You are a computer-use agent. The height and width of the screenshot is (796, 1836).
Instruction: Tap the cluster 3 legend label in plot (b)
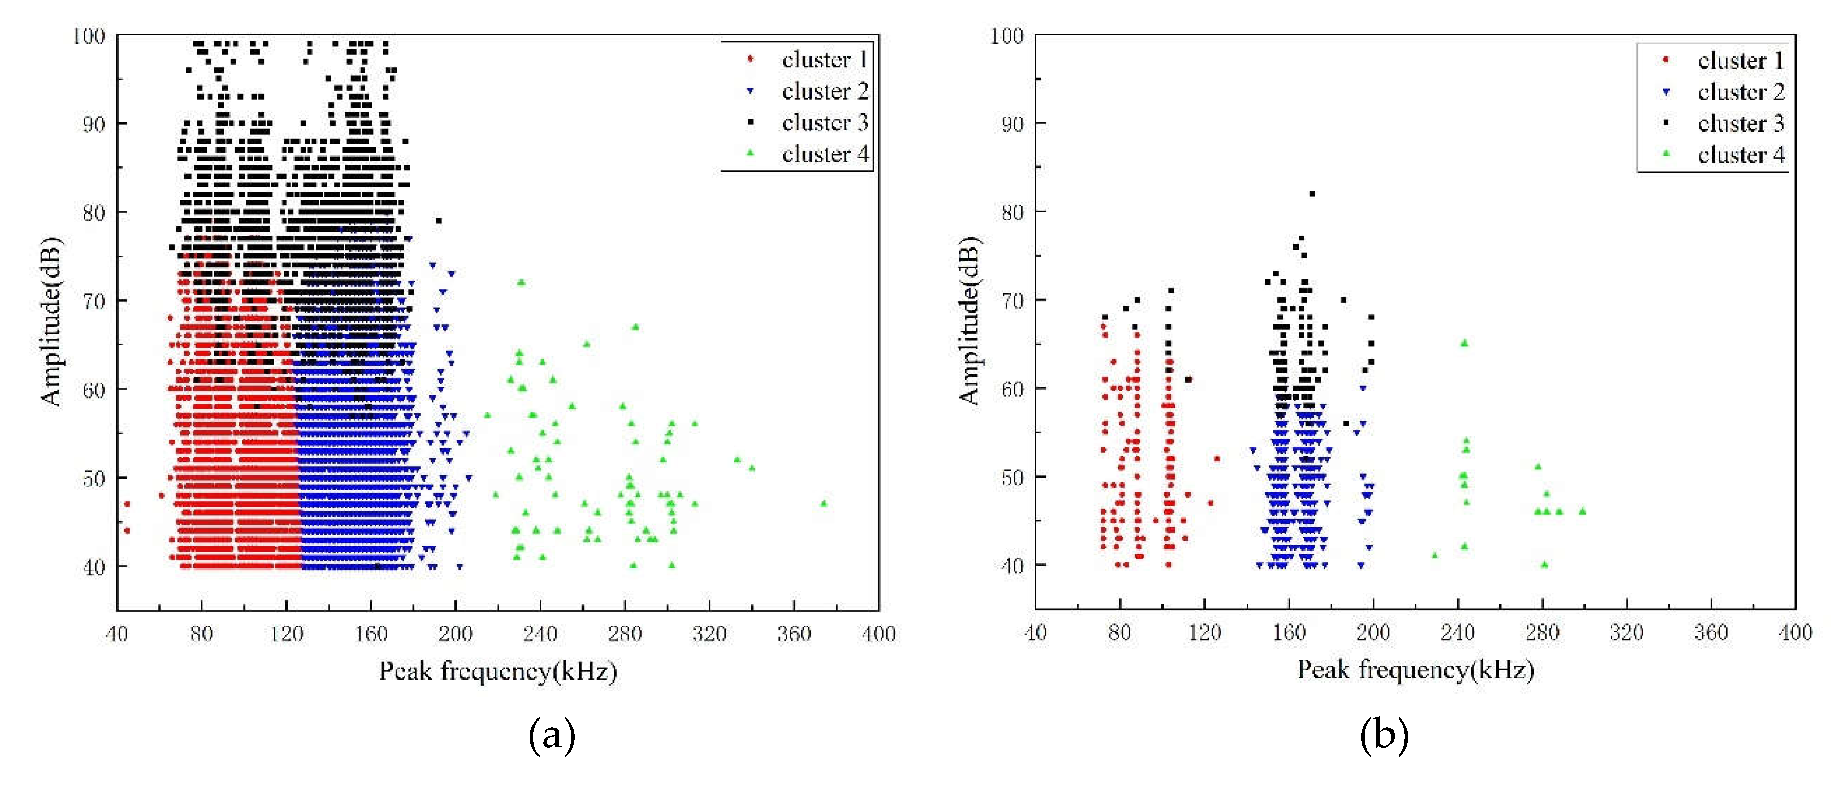pyautogui.click(x=1740, y=123)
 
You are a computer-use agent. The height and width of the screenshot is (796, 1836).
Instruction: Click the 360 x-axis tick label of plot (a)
pyautogui.click(x=793, y=634)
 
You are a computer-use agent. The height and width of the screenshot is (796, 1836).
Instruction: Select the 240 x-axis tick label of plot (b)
pyautogui.click(x=1457, y=632)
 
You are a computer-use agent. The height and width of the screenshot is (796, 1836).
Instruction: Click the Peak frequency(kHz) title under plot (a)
pyautogui.click(x=497, y=671)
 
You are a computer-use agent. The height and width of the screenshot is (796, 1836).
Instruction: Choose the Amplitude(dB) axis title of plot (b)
pyautogui.click(x=969, y=320)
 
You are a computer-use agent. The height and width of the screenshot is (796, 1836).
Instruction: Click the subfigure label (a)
pyautogui.click(x=552, y=735)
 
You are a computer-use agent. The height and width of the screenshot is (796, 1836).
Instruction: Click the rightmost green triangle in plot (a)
pyautogui.click(x=824, y=503)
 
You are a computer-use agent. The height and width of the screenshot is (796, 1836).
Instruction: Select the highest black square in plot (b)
pyautogui.click(x=1312, y=193)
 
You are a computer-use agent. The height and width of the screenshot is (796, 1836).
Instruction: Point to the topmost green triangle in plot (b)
pyautogui.click(x=1464, y=343)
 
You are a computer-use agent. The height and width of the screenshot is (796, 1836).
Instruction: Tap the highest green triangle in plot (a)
pyautogui.click(x=521, y=282)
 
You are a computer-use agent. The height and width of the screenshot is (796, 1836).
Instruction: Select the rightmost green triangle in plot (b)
pyautogui.click(x=1582, y=511)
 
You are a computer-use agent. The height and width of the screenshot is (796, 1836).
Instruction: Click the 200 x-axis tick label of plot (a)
pyautogui.click(x=455, y=634)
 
